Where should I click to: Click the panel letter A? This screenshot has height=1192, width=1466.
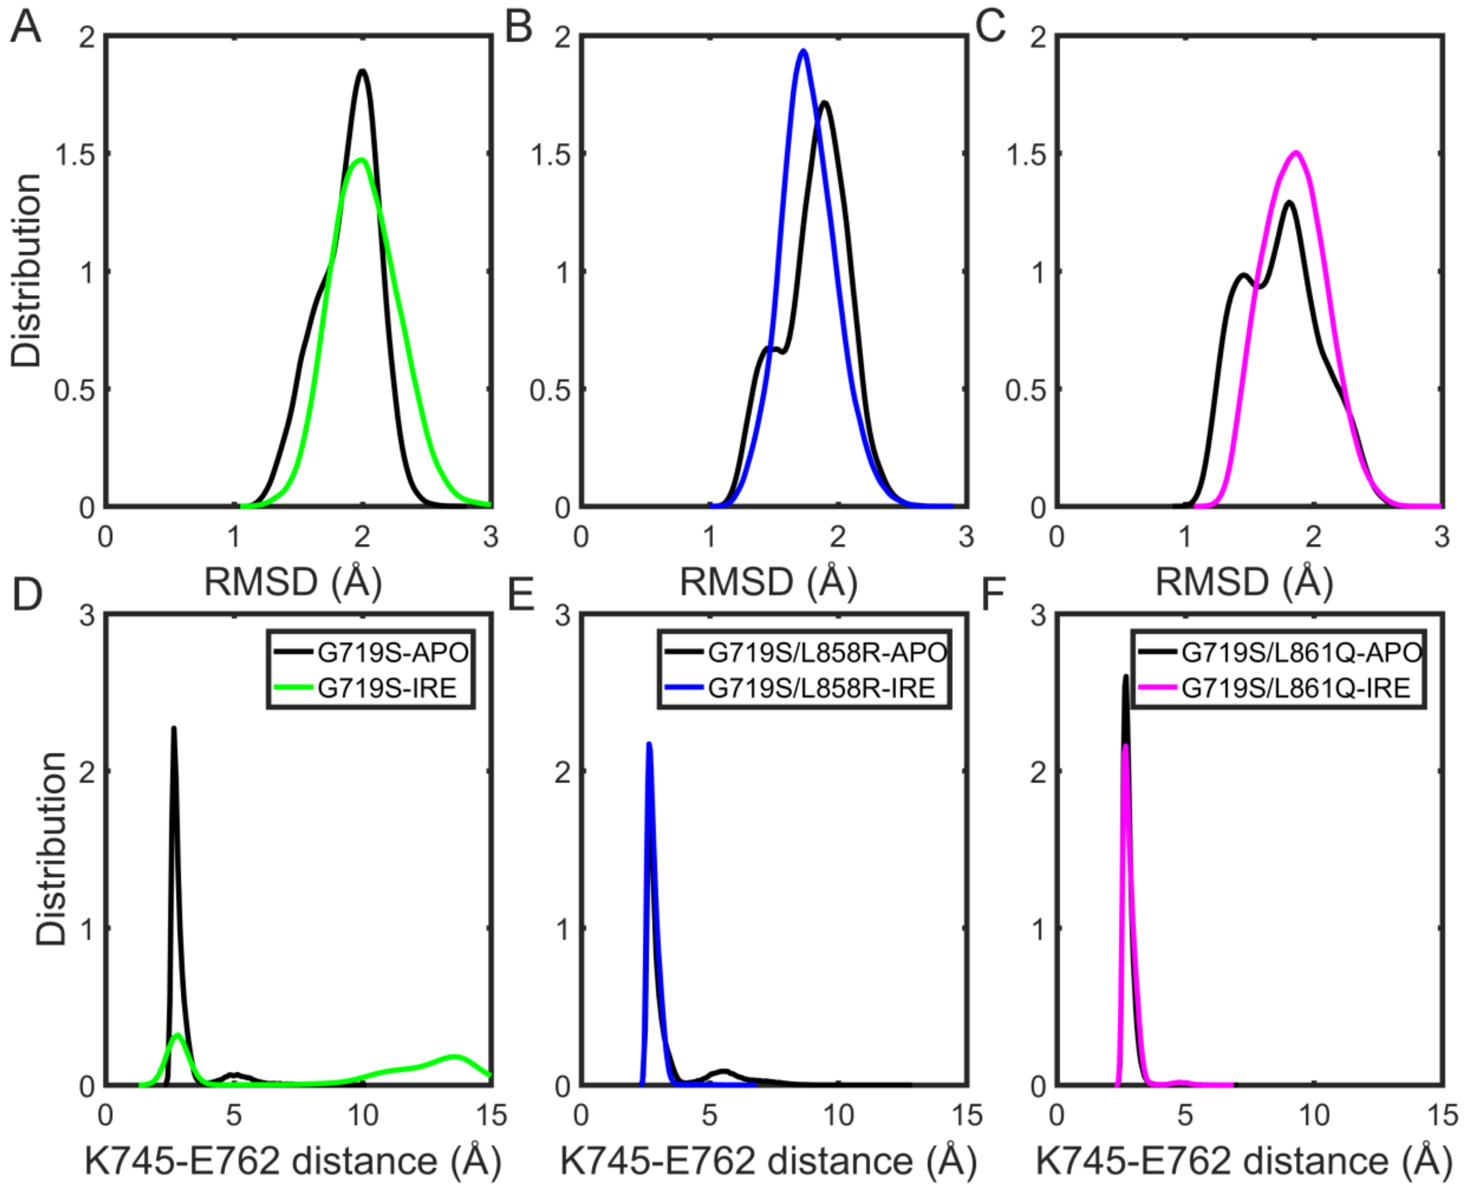[x=26, y=29]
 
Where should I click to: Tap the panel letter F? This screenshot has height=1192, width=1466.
[x=993, y=594]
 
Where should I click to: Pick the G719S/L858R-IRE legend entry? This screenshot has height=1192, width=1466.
[x=821, y=688]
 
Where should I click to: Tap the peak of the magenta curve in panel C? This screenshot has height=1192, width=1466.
[x=1296, y=152]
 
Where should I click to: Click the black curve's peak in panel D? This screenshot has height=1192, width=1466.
[x=174, y=728]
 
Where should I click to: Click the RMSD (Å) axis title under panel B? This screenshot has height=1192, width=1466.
[x=768, y=582]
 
